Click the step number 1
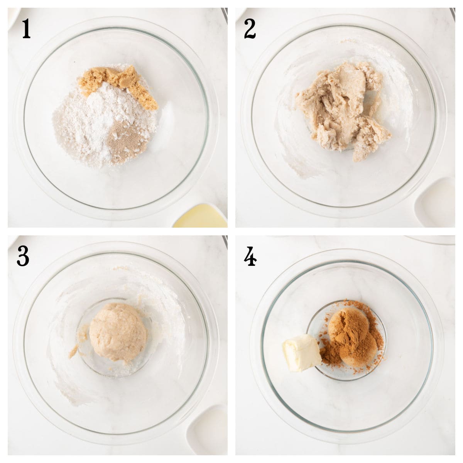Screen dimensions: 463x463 [26, 30]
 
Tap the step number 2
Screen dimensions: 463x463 [250, 30]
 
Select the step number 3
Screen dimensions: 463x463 [23, 257]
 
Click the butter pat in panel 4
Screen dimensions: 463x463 [301, 352]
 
